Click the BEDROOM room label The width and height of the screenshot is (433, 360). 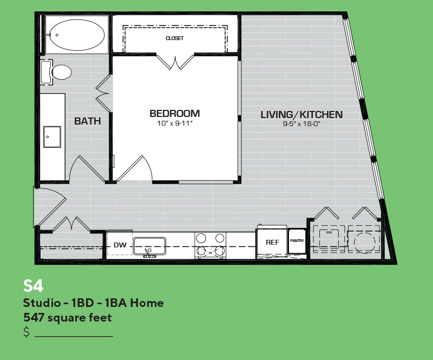click(x=174, y=114)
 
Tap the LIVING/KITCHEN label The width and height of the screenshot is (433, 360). click(x=301, y=114)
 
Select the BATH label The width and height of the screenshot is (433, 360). click(x=87, y=121)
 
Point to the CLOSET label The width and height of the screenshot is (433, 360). click(x=174, y=38)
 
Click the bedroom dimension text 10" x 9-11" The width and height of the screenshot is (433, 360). click(x=174, y=123)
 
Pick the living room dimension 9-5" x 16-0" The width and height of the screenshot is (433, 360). click(x=301, y=123)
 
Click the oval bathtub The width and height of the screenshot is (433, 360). click(x=77, y=35)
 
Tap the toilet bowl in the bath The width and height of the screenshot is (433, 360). click(x=61, y=72)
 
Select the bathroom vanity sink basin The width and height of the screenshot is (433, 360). click(x=52, y=137)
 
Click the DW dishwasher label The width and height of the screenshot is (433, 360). click(x=120, y=245)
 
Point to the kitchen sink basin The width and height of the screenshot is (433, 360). click(x=149, y=246)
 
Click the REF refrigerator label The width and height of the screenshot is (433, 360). click(x=272, y=243)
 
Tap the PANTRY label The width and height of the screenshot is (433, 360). click(x=297, y=241)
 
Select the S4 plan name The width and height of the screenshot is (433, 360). click(x=33, y=286)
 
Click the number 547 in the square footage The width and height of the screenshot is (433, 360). click(x=34, y=318)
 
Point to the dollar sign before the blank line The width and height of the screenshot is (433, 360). click(x=27, y=331)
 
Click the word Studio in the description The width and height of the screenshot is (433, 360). click(x=42, y=303)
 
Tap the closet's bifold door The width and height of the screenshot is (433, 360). click(x=175, y=62)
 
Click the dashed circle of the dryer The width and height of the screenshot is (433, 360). click(x=364, y=243)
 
